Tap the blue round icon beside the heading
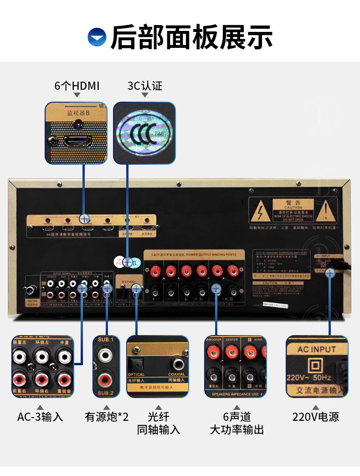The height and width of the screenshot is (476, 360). click(97, 37)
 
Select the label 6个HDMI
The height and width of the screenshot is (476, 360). click(77, 86)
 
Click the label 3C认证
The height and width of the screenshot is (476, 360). click(144, 86)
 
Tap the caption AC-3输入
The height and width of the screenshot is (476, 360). click(40, 417)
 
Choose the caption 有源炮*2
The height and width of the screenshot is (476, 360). click(107, 417)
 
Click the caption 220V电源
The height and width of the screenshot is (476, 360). click(316, 417)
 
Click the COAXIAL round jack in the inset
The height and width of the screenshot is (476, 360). click(177, 363)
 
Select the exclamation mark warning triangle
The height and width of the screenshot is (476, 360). click(326, 210)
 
